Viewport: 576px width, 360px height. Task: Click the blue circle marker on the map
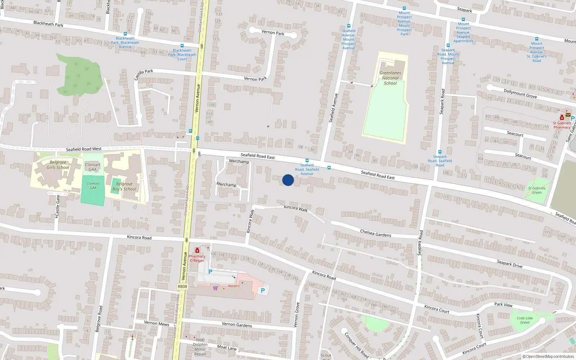click(288, 180)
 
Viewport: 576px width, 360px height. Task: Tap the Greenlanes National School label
click(390, 78)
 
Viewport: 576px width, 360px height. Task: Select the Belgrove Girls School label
click(58, 165)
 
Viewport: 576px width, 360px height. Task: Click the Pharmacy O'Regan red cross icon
click(197, 251)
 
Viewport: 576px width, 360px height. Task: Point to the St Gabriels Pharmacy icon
click(562, 117)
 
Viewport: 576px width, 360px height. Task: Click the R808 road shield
click(183, 287)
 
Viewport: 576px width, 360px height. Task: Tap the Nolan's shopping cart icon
click(215, 288)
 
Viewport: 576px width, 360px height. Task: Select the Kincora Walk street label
click(296, 208)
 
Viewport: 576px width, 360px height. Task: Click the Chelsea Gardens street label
click(375, 233)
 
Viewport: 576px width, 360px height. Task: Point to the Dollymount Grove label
click(520, 94)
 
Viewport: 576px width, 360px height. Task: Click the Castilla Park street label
click(144, 75)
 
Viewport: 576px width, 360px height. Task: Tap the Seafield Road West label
click(84, 149)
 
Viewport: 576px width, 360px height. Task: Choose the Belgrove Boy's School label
click(124, 186)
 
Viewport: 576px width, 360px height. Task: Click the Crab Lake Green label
click(525, 320)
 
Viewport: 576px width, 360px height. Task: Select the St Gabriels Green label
click(537, 190)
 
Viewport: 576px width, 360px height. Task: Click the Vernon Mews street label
click(156, 323)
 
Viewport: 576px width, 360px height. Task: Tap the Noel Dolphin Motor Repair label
click(200, 347)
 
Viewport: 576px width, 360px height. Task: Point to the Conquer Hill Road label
click(356, 345)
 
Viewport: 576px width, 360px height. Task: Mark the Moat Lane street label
click(227, 347)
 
